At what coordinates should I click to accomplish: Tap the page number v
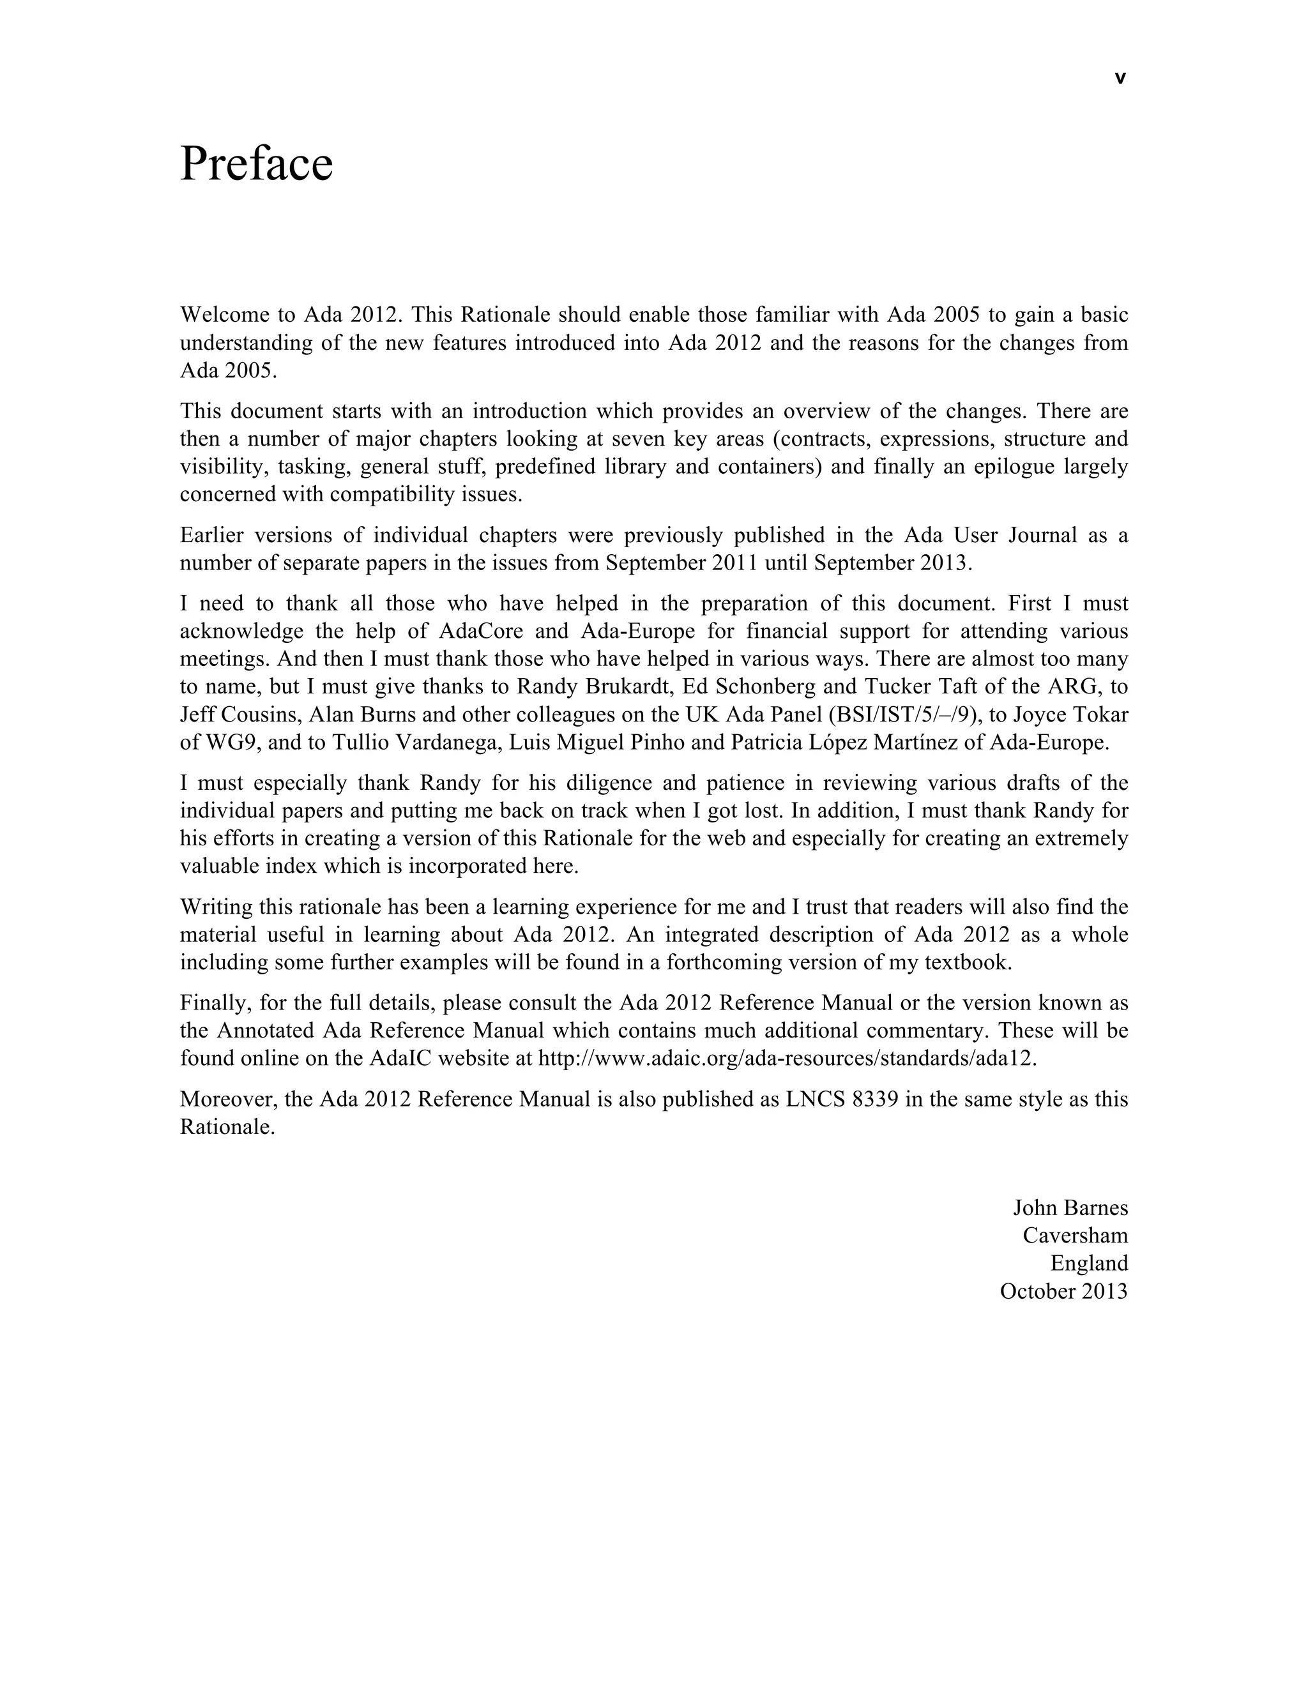[1119, 79]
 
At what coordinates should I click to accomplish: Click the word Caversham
[1075, 1235]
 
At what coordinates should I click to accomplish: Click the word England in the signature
[1089, 1263]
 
